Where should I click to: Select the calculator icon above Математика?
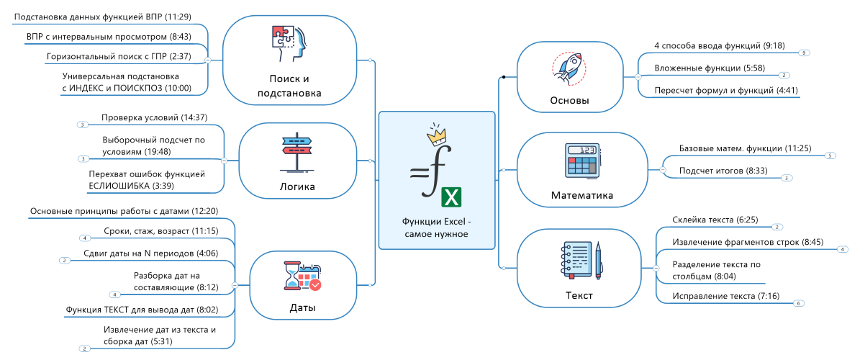point(582,161)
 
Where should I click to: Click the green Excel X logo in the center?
point(451,197)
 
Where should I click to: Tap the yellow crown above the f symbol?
point(436,133)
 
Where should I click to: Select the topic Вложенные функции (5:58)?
point(709,68)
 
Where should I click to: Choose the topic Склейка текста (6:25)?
point(715,220)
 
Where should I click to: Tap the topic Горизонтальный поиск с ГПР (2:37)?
point(118,56)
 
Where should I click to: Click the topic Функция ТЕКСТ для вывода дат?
point(141,310)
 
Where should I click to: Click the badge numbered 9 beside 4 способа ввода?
point(804,53)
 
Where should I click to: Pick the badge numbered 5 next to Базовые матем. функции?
point(830,156)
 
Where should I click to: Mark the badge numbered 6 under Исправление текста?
point(798,304)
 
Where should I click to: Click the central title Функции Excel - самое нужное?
point(436,228)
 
